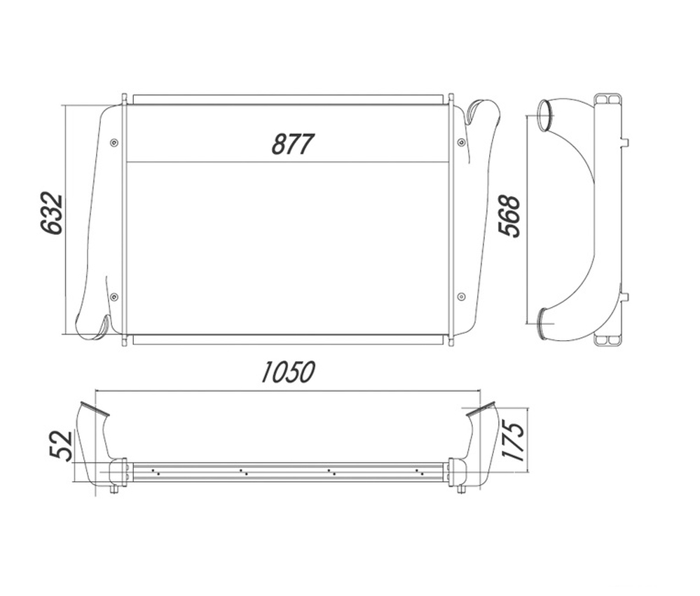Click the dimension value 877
293,144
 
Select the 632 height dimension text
51,214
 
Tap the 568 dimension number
509,216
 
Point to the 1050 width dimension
288,372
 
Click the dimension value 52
60,445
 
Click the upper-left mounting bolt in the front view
114,142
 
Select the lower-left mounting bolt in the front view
114,297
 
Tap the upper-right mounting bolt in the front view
461,142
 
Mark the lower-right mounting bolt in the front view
461,296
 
